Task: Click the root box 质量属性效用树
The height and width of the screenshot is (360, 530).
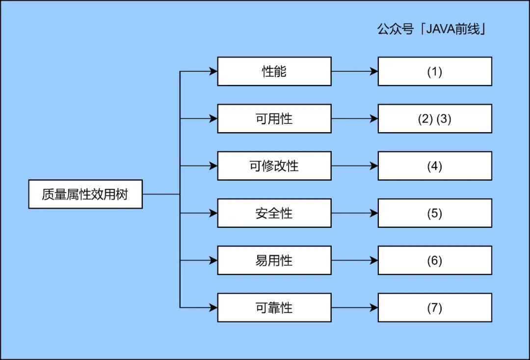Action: point(85,194)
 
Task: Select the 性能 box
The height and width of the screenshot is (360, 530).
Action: point(274,71)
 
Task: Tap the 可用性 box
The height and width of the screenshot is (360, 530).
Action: point(274,119)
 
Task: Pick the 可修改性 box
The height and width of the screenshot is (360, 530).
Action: point(274,166)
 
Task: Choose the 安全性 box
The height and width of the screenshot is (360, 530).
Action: point(274,213)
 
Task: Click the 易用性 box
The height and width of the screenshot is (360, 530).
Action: point(274,260)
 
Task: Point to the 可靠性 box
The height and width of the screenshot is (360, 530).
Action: point(274,307)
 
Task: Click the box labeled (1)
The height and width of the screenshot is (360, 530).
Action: point(435,71)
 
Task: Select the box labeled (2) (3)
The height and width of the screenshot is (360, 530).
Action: point(435,119)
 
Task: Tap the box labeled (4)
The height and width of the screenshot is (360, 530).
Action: point(435,166)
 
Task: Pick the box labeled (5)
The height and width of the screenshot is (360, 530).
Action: point(435,213)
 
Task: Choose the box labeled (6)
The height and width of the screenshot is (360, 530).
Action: point(435,260)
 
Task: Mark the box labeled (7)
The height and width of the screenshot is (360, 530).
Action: point(435,307)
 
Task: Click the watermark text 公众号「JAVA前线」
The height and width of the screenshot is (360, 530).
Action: point(432,29)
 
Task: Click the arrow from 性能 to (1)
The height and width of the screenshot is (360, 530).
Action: point(355,71)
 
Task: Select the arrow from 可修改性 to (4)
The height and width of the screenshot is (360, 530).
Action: point(355,166)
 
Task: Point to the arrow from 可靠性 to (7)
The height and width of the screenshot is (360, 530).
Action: point(355,307)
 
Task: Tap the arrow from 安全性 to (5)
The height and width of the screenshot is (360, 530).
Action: point(355,213)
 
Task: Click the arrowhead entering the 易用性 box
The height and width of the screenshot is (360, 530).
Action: point(213,260)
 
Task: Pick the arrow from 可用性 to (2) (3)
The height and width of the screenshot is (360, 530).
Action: point(355,119)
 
